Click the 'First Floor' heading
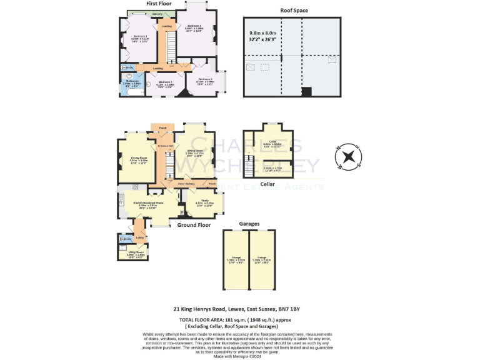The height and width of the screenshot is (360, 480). [x=159, y=4]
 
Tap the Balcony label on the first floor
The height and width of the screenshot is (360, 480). [x=158, y=13]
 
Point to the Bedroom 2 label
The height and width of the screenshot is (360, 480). [x=140, y=37]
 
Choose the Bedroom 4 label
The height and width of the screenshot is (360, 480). [x=165, y=82]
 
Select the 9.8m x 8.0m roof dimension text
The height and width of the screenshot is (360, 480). [x=263, y=33]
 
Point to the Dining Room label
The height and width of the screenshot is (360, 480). [x=138, y=157]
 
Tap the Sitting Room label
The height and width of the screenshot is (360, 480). [x=197, y=151]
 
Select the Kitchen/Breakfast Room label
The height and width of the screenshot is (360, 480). [x=148, y=202]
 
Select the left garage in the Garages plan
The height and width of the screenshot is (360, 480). [x=235, y=259]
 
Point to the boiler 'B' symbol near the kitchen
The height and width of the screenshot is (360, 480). [x=181, y=211]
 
